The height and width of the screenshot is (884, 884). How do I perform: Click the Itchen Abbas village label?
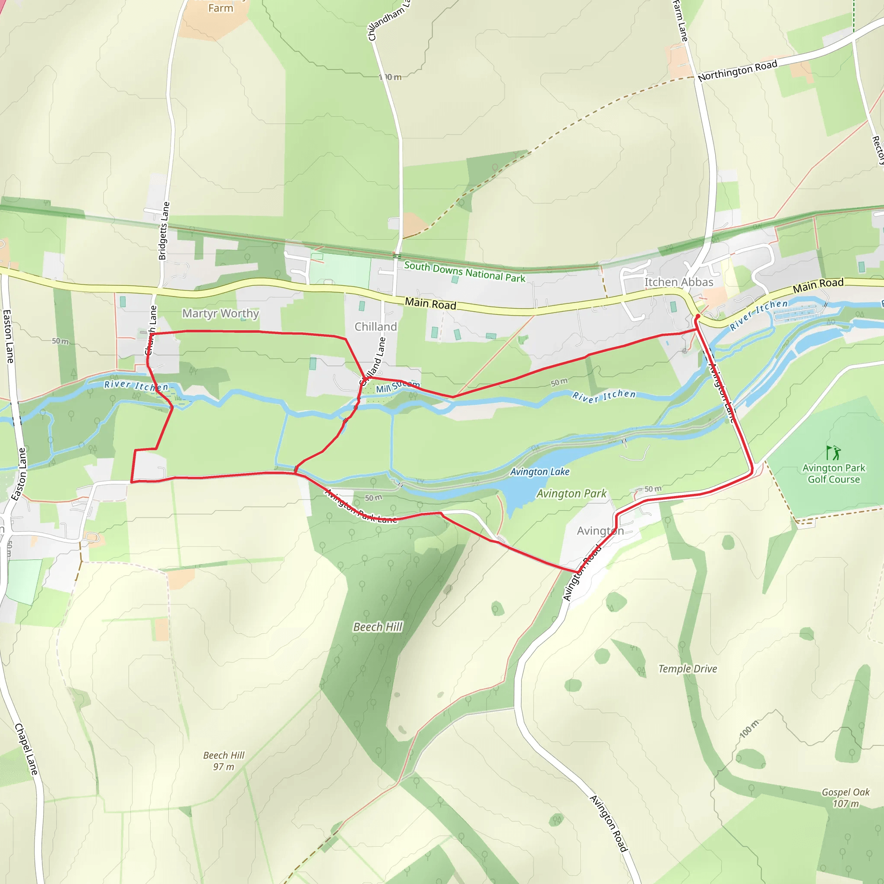pos(679,282)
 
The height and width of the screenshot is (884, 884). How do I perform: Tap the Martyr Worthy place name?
pos(221,313)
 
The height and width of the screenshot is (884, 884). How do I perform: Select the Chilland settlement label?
pos(376,327)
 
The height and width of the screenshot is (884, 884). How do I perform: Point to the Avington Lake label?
pos(540,472)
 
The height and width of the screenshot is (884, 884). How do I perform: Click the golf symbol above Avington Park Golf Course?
pos(833,452)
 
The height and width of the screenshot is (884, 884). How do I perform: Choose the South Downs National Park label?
pos(464,272)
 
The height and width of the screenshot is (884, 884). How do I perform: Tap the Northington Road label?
pos(737,71)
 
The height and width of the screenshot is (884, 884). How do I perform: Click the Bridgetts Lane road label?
pos(164,231)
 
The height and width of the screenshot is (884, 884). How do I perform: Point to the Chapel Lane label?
pos(26,749)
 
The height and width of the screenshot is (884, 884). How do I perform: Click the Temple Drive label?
pos(688,669)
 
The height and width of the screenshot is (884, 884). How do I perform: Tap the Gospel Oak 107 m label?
pos(846,798)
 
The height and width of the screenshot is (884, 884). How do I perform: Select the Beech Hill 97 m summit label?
pos(224,761)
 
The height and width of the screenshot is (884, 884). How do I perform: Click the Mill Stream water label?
pos(397,387)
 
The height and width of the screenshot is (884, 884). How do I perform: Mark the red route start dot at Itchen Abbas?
pos(698,316)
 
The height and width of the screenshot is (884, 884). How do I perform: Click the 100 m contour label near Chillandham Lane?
pos(390,77)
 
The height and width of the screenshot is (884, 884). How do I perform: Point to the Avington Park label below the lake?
pos(571,494)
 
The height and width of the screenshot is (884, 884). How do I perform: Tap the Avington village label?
pos(600,531)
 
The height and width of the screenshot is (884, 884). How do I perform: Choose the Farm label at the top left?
pos(221,8)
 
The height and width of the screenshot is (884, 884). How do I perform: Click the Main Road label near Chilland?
pos(430,303)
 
